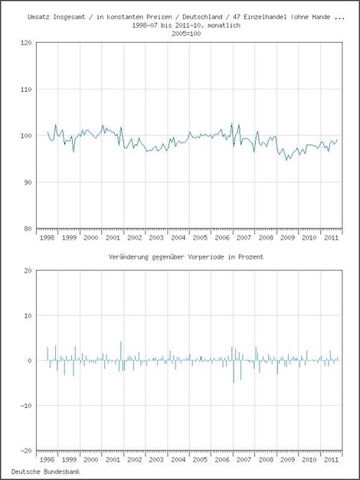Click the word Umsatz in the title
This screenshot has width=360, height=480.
pos(39,17)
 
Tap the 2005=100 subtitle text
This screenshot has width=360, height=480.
pos(186,34)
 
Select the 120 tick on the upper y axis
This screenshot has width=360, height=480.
pos(26,43)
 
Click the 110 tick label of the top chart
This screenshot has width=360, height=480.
pos(26,90)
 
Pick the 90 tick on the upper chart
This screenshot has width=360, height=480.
pos(28,182)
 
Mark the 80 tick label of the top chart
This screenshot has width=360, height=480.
pos(28,229)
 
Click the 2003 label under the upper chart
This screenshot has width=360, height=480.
pos(156,238)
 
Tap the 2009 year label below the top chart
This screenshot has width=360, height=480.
pos(288,238)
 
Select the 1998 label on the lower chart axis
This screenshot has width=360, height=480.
pos(47,460)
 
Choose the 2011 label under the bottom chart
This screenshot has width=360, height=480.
pos(331,460)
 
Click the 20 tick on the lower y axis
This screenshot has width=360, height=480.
pos(28,271)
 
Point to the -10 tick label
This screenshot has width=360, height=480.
pos(26,406)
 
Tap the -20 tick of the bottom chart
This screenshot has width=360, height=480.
pos(26,451)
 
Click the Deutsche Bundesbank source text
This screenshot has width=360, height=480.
pos(46,472)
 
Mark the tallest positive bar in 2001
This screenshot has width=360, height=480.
pos(121,351)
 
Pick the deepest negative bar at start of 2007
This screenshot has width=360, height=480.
pos(234,371)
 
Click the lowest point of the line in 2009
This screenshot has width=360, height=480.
pos(286,160)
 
